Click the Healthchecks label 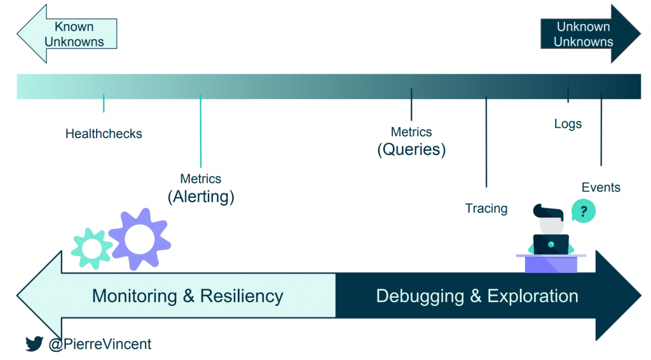[x=104, y=134]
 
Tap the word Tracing [x=486, y=209]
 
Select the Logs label [x=568, y=124]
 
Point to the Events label [x=601, y=187]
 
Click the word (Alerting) [x=201, y=197]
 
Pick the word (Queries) [x=411, y=149]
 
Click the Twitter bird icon [x=34, y=343]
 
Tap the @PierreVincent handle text [x=100, y=344]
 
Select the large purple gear [x=139, y=239]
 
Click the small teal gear [x=92, y=249]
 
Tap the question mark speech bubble [x=584, y=211]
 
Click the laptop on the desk [x=551, y=245]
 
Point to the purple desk [x=551, y=263]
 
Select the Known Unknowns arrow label [x=74, y=34]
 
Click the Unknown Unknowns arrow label [x=584, y=34]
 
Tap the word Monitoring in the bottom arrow [x=135, y=296]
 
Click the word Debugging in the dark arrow [x=420, y=296]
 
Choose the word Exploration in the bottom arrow [x=533, y=296]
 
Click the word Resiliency [x=242, y=296]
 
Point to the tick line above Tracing [x=486, y=142]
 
